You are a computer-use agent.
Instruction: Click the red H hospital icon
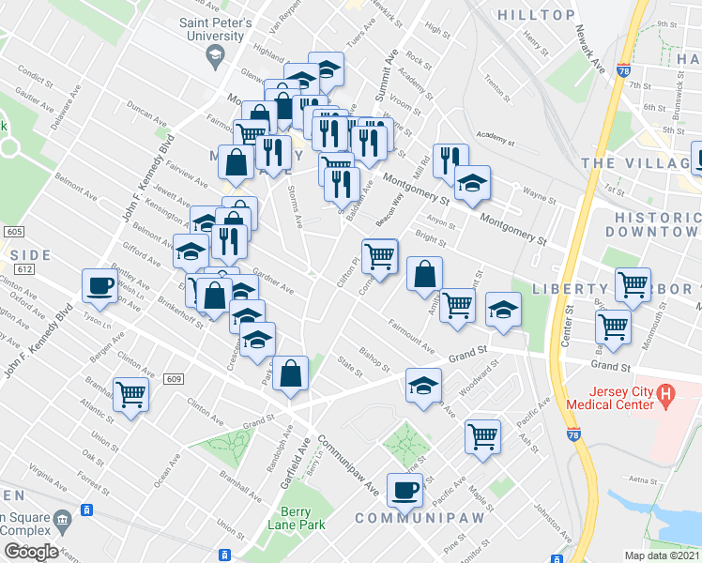click(x=665, y=393)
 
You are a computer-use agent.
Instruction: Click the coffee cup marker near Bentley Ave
click(x=99, y=286)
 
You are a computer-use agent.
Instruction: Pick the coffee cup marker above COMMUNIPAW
click(x=405, y=492)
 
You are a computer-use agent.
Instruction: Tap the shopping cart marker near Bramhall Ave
click(x=130, y=394)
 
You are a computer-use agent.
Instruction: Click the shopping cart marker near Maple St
click(x=482, y=436)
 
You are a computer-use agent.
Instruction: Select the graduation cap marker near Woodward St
click(x=423, y=385)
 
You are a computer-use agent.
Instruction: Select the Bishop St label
click(x=374, y=358)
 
